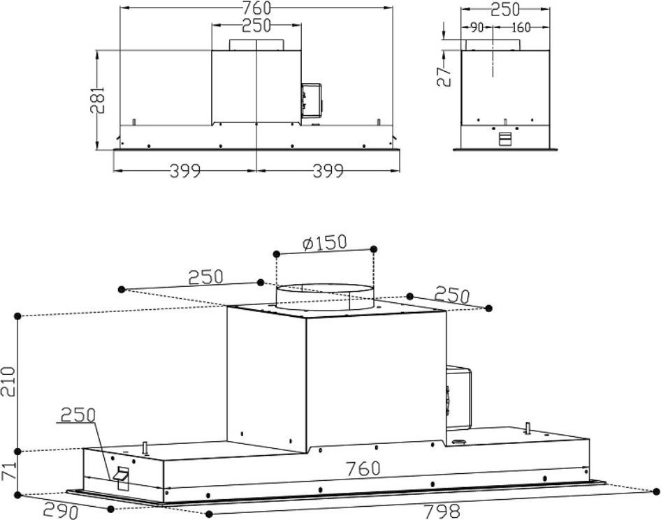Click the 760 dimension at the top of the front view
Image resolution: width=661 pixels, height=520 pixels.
click(256, 9)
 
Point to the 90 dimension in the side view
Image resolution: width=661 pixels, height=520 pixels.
click(477, 28)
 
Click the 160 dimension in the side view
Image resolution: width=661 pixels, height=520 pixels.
click(521, 28)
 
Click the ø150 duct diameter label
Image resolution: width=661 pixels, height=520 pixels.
click(324, 243)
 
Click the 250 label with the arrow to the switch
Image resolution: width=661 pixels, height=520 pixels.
click(77, 415)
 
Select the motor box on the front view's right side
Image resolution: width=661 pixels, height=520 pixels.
click(311, 99)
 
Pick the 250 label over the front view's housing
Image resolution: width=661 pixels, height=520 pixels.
click(257, 27)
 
